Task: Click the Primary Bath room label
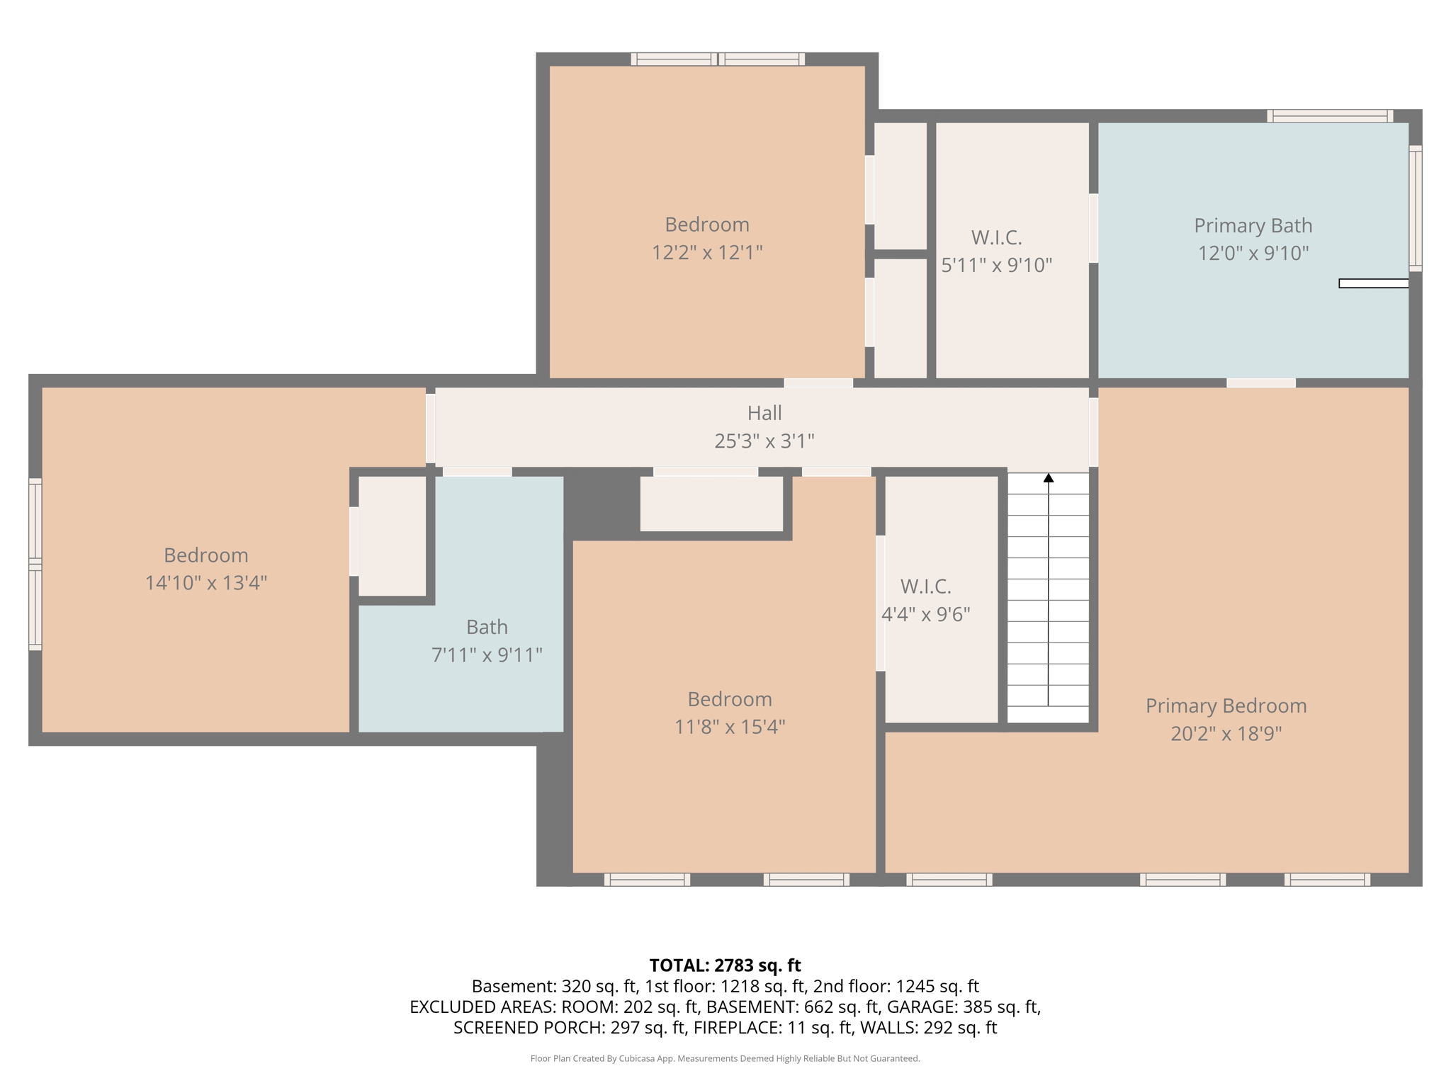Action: tap(1253, 225)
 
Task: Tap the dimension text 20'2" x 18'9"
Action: tap(1226, 733)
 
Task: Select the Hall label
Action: tap(764, 412)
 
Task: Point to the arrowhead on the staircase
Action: tap(1048, 478)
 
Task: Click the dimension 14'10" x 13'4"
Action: tap(206, 582)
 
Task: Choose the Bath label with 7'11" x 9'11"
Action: tap(487, 627)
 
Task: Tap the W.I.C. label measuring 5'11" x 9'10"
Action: tap(996, 237)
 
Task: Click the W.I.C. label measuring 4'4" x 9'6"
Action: tap(925, 586)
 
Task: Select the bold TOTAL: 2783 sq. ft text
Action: tap(725, 965)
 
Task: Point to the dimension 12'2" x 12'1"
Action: tap(707, 252)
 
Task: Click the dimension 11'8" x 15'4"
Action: tap(730, 727)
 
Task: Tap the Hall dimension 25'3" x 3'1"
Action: tap(764, 441)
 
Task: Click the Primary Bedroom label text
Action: tap(1226, 705)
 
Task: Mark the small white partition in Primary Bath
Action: tap(1373, 283)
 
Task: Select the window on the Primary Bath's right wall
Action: tap(1416, 208)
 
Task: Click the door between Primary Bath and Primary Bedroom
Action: tap(1261, 383)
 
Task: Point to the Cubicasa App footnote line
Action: tap(725, 1059)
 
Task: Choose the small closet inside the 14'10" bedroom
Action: tap(393, 536)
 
